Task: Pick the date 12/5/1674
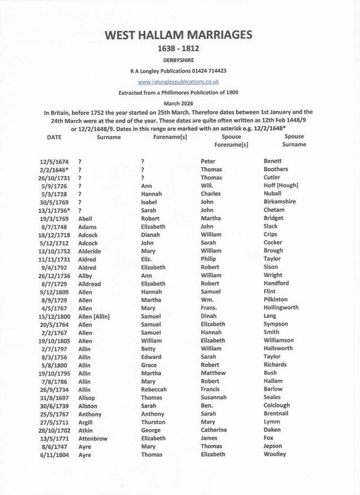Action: pyautogui.click(x=56, y=161)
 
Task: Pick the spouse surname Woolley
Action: pyautogui.click(x=277, y=454)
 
